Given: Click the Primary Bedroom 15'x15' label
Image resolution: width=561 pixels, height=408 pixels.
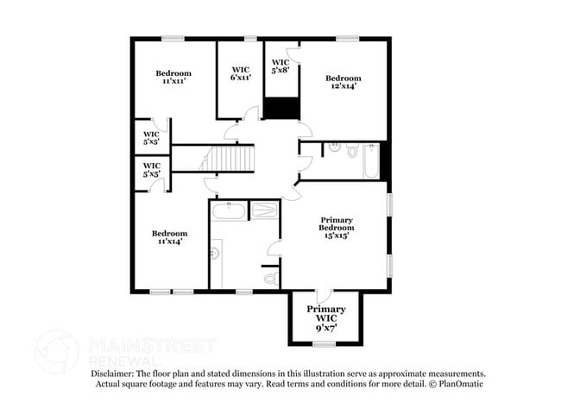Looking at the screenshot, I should click(x=337, y=228).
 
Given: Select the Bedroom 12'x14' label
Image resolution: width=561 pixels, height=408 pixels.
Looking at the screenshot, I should click(x=342, y=82).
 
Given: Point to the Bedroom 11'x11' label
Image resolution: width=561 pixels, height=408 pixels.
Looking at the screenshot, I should click(x=173, y=78).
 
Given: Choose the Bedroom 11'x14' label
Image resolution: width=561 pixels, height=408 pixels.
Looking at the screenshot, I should click(x=169, y=237).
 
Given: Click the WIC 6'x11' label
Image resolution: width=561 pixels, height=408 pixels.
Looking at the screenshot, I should click(x=239, y=73).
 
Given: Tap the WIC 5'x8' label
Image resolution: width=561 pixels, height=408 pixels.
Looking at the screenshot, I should click(x=280, y=66).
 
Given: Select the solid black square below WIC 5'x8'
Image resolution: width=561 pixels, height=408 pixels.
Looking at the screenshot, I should click(x=280, y=109).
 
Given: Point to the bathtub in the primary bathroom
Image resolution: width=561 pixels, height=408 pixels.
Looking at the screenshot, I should click(x=230, y=210).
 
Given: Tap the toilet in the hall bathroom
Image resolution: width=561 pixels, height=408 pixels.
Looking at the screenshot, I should click(x=352, y=151).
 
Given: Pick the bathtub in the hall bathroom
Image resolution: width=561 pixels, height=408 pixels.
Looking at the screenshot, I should click(x=371, y=160).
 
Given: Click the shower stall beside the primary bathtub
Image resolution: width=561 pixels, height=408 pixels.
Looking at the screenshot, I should click(x=264, y=210).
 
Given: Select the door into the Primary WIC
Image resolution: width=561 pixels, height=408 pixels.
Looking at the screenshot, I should click(x=323, y=296).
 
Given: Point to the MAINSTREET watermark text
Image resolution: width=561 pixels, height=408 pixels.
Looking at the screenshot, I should click(x=152, y=346).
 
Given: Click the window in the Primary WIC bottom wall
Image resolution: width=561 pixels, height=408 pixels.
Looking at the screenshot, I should click(x=324, y=344).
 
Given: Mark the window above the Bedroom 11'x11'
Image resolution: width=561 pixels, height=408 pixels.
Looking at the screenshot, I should click(x=173, y=38).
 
